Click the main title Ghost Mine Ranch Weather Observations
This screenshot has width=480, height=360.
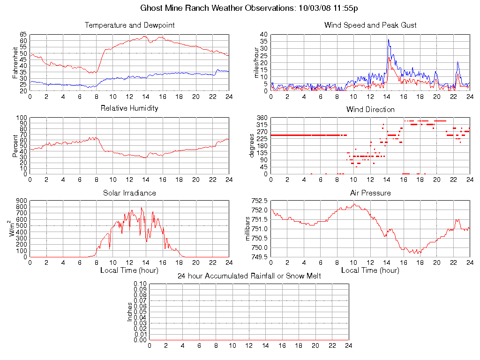pyautogui.click(x=250, y=8)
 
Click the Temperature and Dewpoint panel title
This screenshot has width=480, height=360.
pyautogui.click(x=129, y=25)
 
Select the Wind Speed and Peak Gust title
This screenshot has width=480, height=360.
pyautogui.click(x=370, y=25)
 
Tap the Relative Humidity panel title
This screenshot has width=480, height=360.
pyautogui.click(x=129, y=108)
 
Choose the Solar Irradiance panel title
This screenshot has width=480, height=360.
pyautogui.click(x=129, y=193)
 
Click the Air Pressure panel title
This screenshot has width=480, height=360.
pyautogui.click(x=370, y=193)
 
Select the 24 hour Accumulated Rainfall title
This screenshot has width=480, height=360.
pyautogui.click(x=249, y=276)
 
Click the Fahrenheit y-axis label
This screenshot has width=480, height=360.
pyautogui.click(x=15, y=62)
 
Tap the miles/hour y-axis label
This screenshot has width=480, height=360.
pyautogui.click(x=256, y=62)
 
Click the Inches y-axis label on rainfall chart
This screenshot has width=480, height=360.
pyautogui.click(x=130, y=312)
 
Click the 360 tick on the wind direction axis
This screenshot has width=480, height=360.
pyautogui.click(x=262, y=118)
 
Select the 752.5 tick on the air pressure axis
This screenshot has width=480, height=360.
pyautogui.click(x=260, y=201)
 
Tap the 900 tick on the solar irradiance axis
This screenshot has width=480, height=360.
pyautogui.click(x=21, y=201)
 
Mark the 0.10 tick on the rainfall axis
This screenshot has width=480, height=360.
pyautogui.click(x=140, y=284)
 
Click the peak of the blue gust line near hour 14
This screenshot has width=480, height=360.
pyautogui.click(x=388, y=39)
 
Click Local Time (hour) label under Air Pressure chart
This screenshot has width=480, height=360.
pyautogui.click(x=370, y=270)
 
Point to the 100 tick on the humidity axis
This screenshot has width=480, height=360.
pyautogui.click(x=21, y=118)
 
